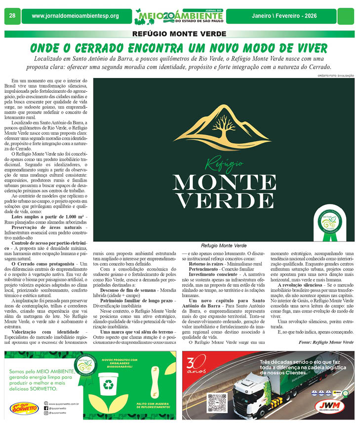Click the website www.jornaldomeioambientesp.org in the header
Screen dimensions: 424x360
[75, 16]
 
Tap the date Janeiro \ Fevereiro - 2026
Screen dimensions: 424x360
[284, 16]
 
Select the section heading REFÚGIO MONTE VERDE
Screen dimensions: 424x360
[179, 34]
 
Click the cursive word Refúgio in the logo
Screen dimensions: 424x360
[224, 164]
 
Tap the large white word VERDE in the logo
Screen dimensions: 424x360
[224, 199]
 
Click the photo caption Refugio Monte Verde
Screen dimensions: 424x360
[223, 245]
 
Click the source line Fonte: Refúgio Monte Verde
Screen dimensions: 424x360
[326, 328]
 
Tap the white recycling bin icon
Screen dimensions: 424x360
[111, 386]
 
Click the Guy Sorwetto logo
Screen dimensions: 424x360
[23, 408]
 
